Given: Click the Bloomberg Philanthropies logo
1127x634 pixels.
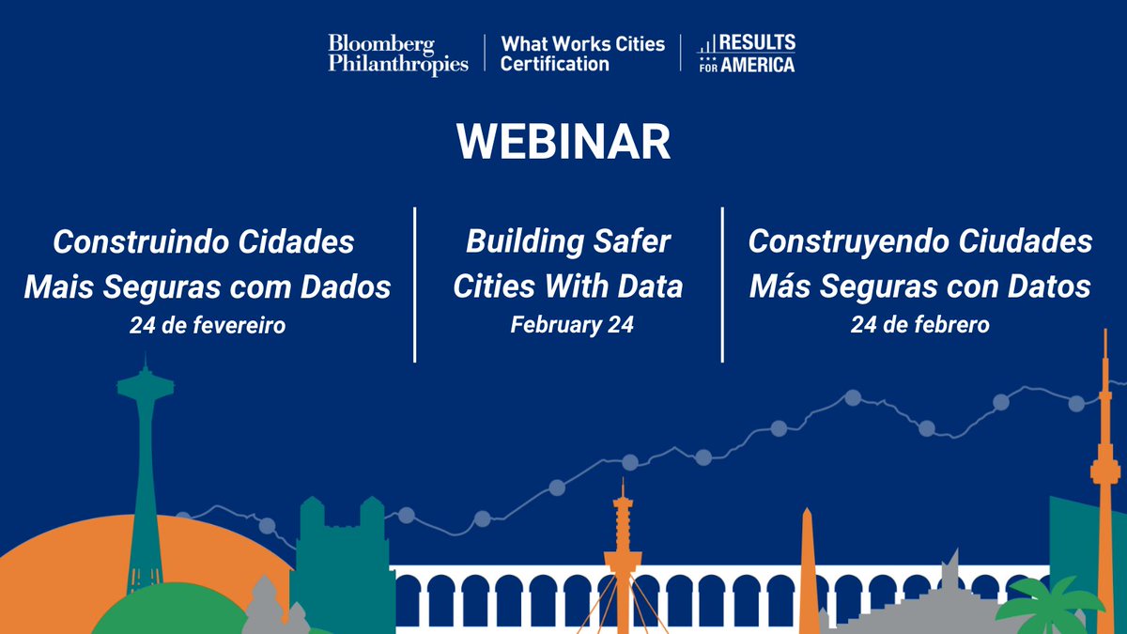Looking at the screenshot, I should tap(398, 54).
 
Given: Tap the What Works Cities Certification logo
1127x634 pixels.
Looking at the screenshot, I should tap(582, 54).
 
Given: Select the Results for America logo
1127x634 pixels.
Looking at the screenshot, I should tap(746, 54).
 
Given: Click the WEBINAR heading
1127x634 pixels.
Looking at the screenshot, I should tap(563, 142).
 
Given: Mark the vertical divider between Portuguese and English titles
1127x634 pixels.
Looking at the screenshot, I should tap(414, 285).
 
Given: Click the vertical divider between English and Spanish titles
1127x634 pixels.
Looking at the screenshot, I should tap(722, 285).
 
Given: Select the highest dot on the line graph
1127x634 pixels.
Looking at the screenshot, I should tap(853, 397).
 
